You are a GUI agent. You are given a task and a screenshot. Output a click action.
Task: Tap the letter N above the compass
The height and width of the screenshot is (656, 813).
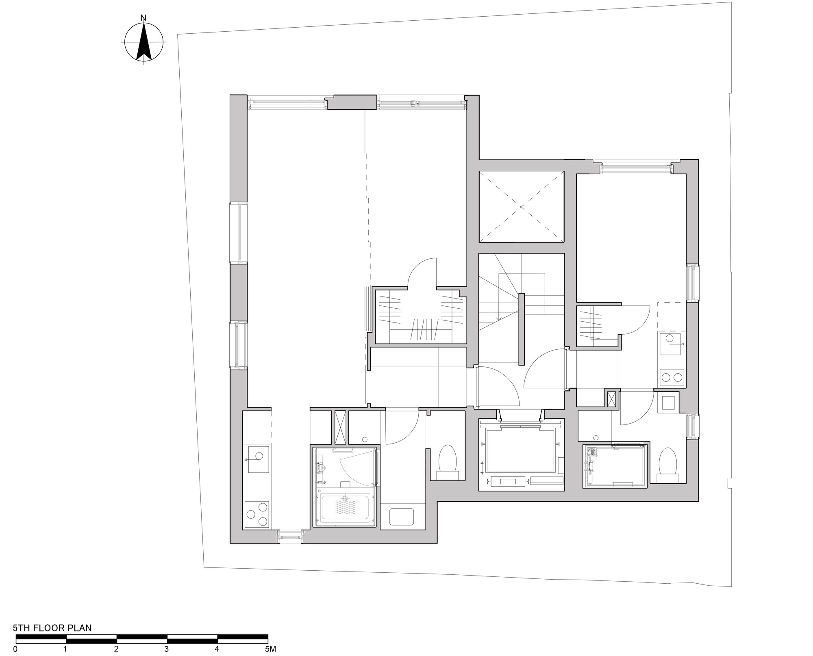pos(143,17)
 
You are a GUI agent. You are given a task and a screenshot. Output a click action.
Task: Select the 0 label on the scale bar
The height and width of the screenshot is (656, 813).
pos(15,649)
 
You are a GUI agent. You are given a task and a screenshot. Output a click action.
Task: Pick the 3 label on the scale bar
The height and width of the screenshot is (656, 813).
pos(167,649)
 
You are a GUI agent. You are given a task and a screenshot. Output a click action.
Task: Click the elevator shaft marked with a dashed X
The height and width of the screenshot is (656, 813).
pos(522,207)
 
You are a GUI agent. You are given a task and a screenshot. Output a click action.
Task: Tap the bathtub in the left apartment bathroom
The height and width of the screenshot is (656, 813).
pos(345,508)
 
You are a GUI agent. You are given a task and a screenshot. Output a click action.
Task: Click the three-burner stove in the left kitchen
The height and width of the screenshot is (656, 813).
pos(257,514)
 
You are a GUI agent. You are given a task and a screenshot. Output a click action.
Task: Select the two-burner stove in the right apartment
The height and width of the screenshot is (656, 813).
pos(672,377)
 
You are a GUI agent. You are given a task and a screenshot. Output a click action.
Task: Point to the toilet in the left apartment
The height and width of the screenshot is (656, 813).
pos(448,463)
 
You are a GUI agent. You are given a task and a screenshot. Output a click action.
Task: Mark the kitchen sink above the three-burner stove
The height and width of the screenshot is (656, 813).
pos(259,459)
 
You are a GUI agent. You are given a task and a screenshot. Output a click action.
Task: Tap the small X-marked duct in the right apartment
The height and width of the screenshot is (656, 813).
pos(611,398)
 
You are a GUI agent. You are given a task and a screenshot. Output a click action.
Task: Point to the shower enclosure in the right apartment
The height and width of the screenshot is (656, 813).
pos(615,466)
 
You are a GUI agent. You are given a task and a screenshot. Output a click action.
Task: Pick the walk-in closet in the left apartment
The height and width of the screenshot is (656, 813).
pos(420,317)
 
